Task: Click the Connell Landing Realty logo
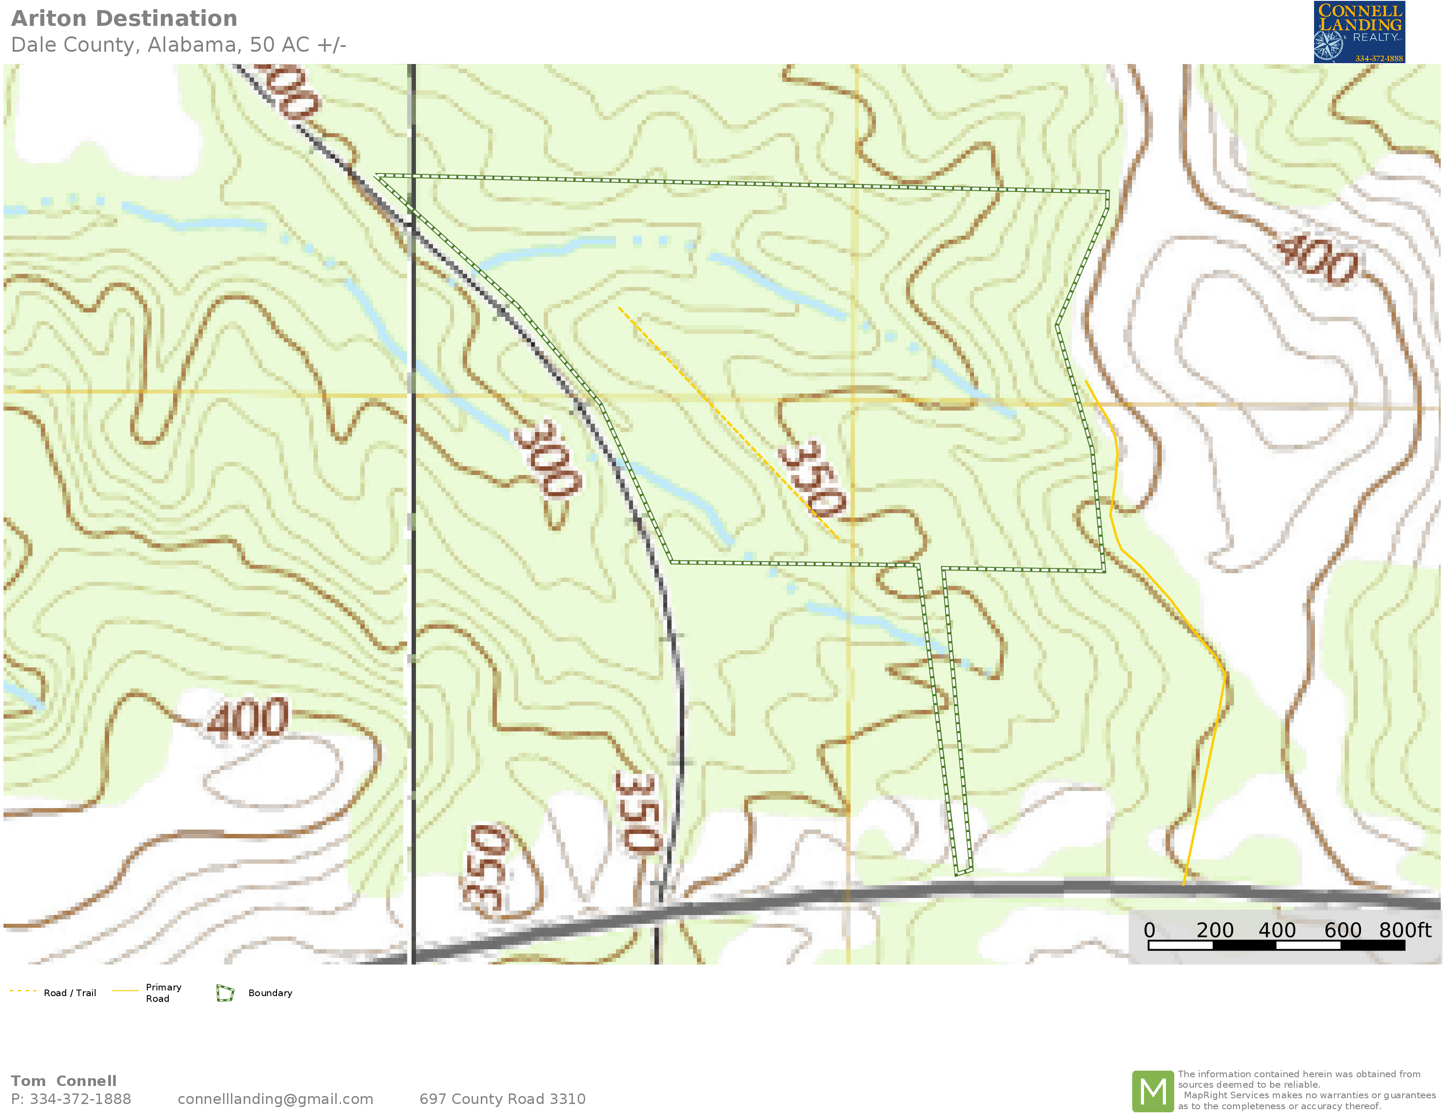point(1359,32)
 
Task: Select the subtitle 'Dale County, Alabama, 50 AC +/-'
point(179,45)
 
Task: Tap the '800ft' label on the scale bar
point(1404,930)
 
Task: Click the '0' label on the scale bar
point(1149,930)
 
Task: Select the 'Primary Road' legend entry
point(163,993)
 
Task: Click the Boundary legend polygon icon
point(225,993)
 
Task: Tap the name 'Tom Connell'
point(64,1081)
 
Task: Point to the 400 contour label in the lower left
point(248,719)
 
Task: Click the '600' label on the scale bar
point(1342,930)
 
